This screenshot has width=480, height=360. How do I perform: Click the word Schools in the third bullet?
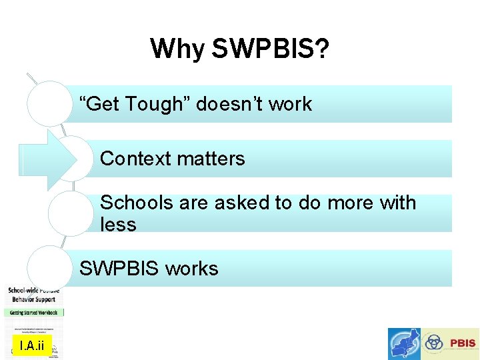pyautogui.click(x=136, y=203)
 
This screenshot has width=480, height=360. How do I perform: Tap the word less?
pyautogui.click(x=118, y=225)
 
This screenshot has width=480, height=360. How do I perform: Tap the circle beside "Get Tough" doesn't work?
pyautogui.click(x=49, y=104)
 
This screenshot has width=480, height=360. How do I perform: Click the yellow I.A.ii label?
pyautogui.click(x=31, y=345)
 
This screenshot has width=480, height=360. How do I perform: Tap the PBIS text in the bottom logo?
pyautogui.click(x=463, y=343)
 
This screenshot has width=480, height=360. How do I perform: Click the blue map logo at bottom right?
pyautogui.click(x=405, y=344)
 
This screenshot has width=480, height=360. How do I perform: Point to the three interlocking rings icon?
pyautogui.click(x=435, y=343)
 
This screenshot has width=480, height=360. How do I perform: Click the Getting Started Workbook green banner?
pyautogui.click(x=35, y=312)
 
